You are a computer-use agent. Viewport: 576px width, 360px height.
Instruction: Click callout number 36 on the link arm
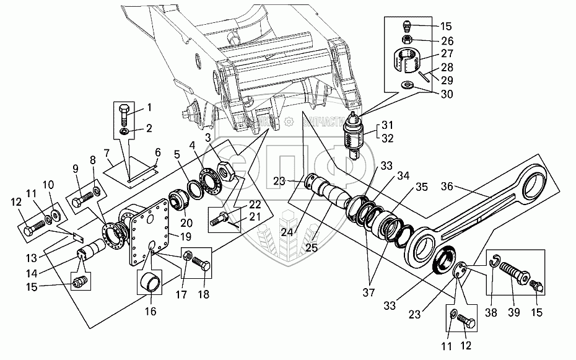tap(448, 185)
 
